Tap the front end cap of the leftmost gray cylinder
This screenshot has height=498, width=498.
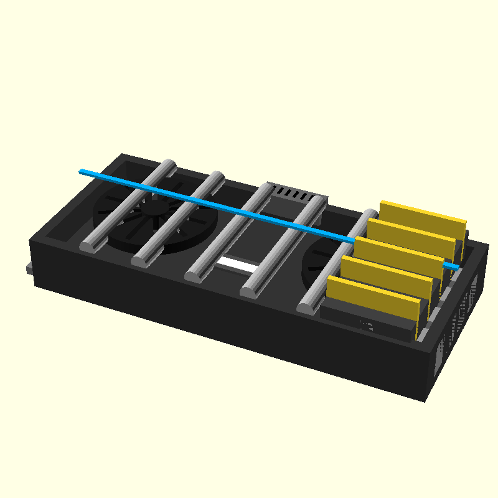(89, 245)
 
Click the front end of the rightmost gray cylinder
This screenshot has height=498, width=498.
(306, 306)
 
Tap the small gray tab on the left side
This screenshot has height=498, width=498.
(29, 269)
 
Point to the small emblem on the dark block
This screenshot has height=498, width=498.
(366, 324)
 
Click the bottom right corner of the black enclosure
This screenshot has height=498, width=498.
(426, 400)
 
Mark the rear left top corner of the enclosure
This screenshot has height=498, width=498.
(123, 154)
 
